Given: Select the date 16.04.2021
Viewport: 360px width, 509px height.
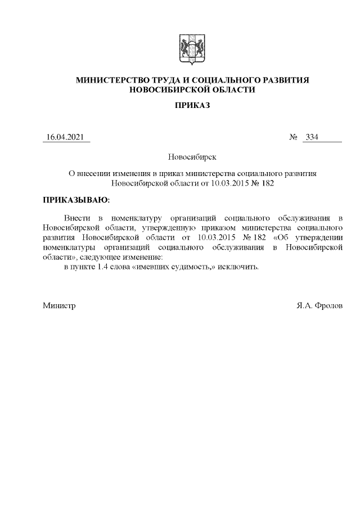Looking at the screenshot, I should tap(66, 138).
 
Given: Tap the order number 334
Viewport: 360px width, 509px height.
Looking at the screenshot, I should tap(312, 138).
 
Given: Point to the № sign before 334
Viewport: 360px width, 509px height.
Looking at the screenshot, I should tap(292, 138).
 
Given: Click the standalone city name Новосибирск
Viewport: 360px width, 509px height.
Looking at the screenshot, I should tap(192, 157).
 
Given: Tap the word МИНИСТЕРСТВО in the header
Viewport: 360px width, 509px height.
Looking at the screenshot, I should tap(111, 80).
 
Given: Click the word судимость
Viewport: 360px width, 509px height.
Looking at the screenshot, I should tap(193, 267).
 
